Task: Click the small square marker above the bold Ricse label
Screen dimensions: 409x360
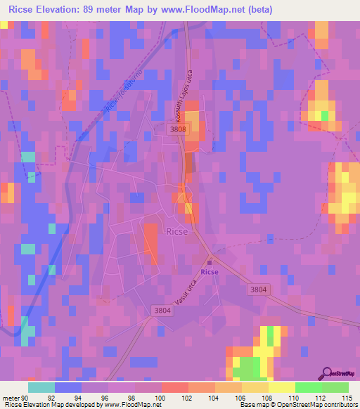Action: pos(209,261)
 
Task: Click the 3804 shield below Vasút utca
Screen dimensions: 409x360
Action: pos(161,310)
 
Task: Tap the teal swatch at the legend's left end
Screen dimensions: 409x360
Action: pos(41,387)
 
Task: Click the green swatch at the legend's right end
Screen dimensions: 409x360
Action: pos(335,387)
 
